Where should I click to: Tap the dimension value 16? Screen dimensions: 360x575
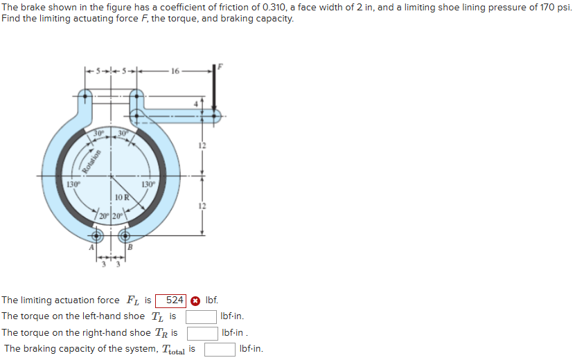click(173, 71)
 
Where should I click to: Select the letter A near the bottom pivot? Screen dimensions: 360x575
click(89, 248)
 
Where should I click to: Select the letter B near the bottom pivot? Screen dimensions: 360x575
click(129, 248)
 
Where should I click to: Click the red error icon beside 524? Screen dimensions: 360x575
click(195, 300)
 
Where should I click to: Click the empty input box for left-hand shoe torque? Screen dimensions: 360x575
click(201, 316)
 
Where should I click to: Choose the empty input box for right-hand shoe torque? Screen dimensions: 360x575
click(203, 333)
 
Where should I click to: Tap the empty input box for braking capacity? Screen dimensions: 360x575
click(220, 349)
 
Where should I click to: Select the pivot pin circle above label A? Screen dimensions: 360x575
click(97, 237)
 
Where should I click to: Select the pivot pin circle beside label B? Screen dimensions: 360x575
click(125, 237)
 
